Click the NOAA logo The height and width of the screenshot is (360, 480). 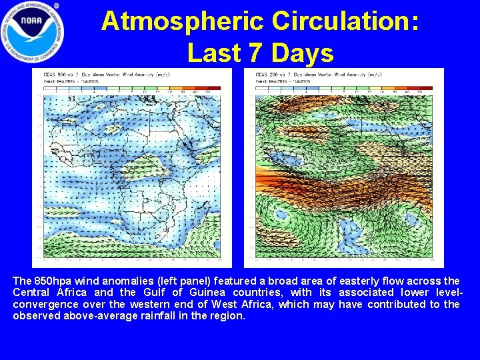(x=32, y=32)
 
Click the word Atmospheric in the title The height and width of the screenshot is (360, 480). (x=181, y=21)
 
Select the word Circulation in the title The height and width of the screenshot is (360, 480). (x=345, y=21)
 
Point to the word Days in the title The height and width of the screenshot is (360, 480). (x=297, y=52)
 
